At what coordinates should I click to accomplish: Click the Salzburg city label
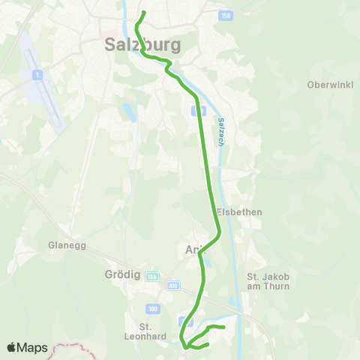click(x=140, y=45)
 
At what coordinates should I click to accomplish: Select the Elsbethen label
click(x=239, y=212)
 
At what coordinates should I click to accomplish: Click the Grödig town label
click(x=118, y=274)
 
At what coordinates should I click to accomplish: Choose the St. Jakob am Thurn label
click(x=265, y=282)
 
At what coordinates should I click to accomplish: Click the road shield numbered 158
click(x=226, y=15)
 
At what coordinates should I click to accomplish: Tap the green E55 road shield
click(x=152, y=276)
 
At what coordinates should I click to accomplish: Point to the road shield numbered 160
click(x=153, y=308)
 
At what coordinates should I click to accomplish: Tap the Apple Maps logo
click(x=27, y=347)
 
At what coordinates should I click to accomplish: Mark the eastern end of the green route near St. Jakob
click(x=224, y=327)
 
